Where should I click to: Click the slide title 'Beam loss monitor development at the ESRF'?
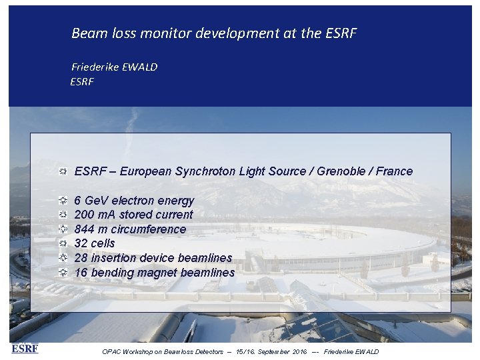pyautogui.click(x=214, y=33)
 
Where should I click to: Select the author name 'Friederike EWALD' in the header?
pyautogui.click(x=114, y=67)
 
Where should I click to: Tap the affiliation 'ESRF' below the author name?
pyautogui.click(x=82, y=81)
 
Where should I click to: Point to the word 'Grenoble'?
pyautogui.click(x=341, y=171)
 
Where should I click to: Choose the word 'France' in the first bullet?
pyautogui.click(x=394, y=171)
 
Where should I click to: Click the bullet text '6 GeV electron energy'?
pyautogui.click(x=134, y=201)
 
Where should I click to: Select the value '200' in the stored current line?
pyautogui.click(x=84, y=215)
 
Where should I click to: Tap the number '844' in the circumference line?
pyautogui.click(x=84, y=229)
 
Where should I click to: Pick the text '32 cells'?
pyautogui.click(x=95, y=243)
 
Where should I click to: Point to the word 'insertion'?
pyautogui.click(x=113, y=258)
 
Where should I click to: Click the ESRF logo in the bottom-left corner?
pyautogui.click(x=25, y=348)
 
